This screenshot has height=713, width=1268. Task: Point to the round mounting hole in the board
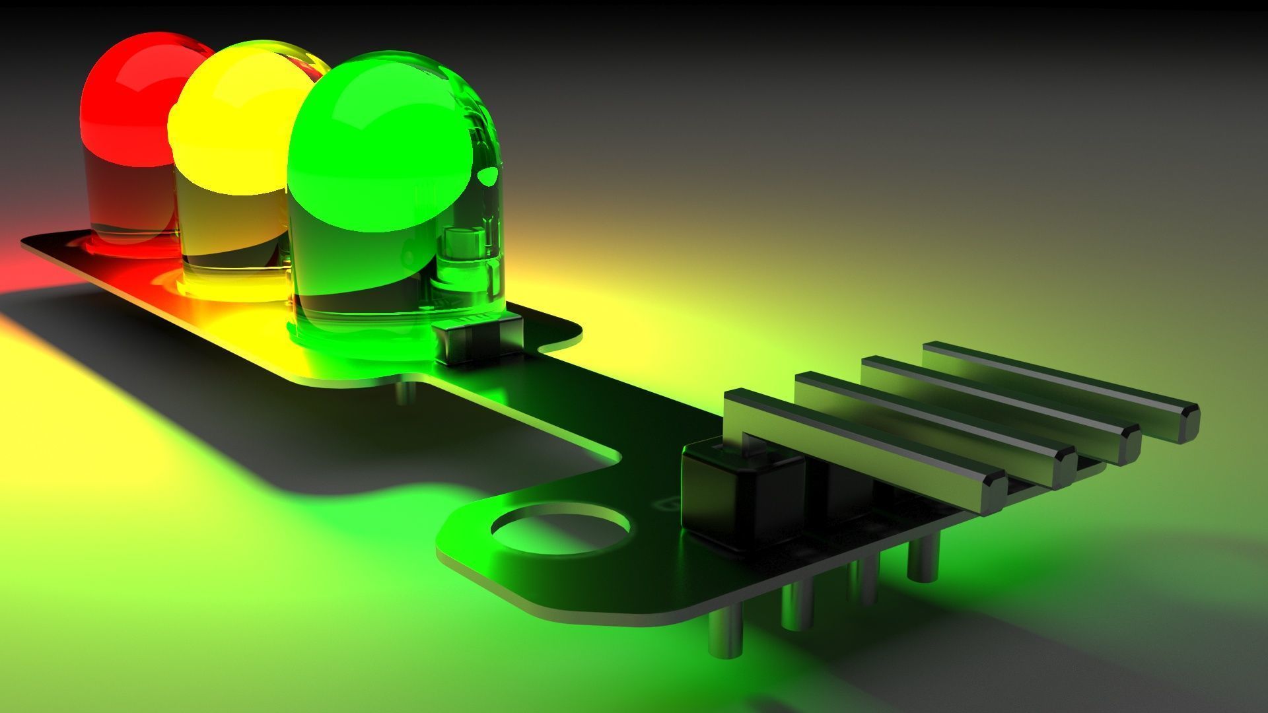click(x=560, y=529)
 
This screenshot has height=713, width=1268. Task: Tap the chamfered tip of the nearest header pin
click(x=994, y=492)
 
